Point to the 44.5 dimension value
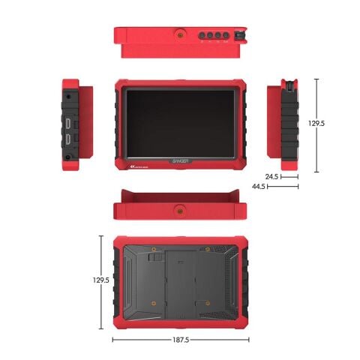pyautogui.click(x=259, y=185)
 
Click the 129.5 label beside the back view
pyautogui.click(x=100, y=280)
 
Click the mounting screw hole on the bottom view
pyautogui.click(x=180, y=208)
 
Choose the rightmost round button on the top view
pyautogui.click(x=228, y=34)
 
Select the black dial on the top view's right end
pyautogui.click(x=240, y=34)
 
